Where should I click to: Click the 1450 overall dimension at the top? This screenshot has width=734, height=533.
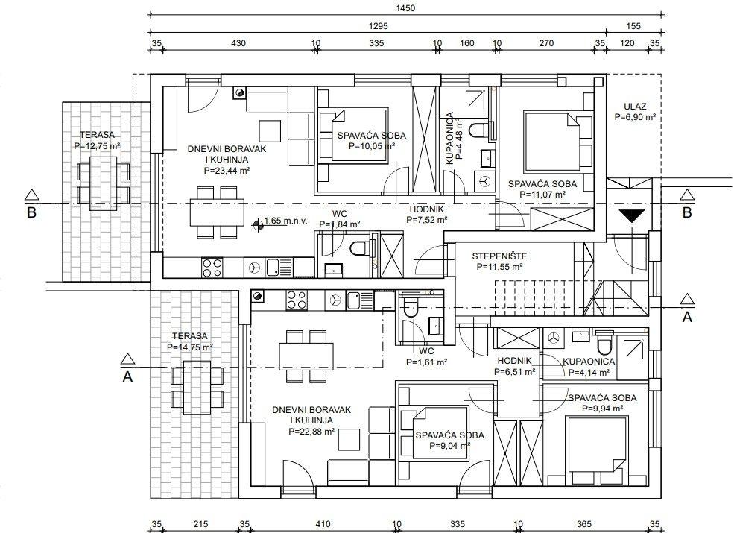click(405, 8)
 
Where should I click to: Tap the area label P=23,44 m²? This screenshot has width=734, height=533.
click(227, 171)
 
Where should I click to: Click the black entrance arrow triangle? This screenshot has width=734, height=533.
click(632, 216)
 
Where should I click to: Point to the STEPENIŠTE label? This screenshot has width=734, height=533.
click(499, 256)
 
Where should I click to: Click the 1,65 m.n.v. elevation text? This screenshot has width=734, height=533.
click(285, 221)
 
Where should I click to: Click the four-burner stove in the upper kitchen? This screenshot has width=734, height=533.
click(212, 268)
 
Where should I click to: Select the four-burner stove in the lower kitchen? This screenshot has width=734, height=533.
click(297, 300)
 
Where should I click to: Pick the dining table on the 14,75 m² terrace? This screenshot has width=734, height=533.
click(197, 388)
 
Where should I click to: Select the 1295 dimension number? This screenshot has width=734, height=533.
click(379, 26)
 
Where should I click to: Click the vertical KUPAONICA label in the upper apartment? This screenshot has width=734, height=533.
click(450, 138)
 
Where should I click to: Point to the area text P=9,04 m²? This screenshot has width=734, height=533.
click(450, 446)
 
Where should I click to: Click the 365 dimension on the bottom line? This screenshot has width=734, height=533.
click(584, 524)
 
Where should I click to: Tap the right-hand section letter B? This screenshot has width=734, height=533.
click(687, 212)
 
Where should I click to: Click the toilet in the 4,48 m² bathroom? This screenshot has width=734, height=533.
click(479, 130)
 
